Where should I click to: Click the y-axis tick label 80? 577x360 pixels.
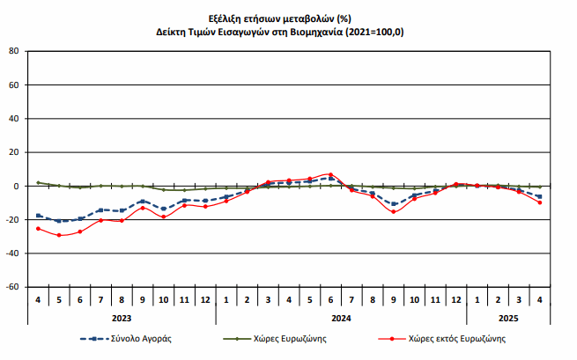click(13, 51)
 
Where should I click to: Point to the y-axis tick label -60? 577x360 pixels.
click(11, 287)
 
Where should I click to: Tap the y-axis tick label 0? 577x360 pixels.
click(16, 187)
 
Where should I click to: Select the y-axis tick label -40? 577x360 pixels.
click(11, 253)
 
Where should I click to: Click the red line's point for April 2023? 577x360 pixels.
click(38, 229)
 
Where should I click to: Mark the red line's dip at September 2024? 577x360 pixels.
click(393, 212)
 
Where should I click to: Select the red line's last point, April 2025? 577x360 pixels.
click(539, 202)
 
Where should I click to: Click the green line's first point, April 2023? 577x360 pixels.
click(38, 182)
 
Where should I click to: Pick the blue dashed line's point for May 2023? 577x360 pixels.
click(59, 221)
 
